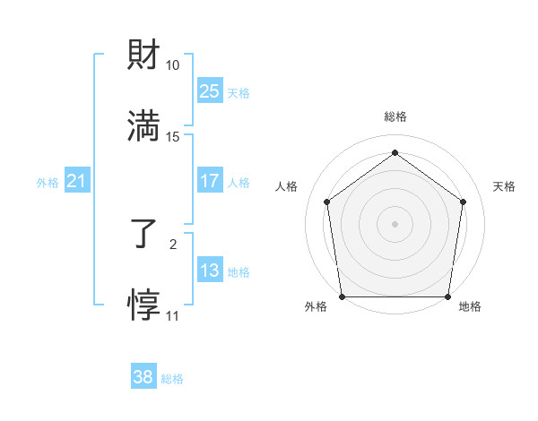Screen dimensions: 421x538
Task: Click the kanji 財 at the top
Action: tap(144, 55)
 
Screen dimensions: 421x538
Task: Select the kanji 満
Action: tap(144, 125)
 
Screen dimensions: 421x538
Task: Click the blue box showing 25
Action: tap(210, 90)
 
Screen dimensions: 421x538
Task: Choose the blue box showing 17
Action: tap(210, 180)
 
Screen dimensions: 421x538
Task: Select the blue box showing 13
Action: tap(210, 270)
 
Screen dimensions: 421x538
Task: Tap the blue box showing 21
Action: tap(77, 182)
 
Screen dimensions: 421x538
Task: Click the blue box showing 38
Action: tap(143, 377)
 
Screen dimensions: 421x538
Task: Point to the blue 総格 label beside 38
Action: tap(172, 379)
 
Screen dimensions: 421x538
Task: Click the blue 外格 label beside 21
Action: tap(48, 183)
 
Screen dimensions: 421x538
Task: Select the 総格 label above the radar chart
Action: tap(395, 116)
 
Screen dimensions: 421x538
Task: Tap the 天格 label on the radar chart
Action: tap(504, 186)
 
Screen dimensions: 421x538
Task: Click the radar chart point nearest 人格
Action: tap(326, 202)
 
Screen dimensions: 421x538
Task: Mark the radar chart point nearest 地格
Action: tap(447, 296)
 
